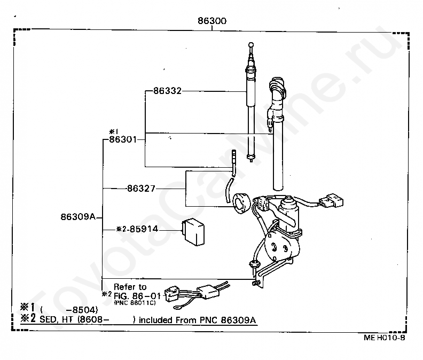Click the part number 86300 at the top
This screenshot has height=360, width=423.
coord(212,21)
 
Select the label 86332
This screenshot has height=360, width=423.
coord(167,91)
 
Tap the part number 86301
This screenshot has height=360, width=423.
coord(123,140)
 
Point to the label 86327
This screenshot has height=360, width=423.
coord(141,188)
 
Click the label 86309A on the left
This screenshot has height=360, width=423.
coord(78,217)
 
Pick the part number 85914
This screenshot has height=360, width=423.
coord(143,229)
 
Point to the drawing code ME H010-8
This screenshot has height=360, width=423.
coord(385,338)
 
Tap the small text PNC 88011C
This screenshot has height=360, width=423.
coord(135,302)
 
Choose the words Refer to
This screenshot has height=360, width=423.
coord(130,287)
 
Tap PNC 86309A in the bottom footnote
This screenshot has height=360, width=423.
coord(233,320)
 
